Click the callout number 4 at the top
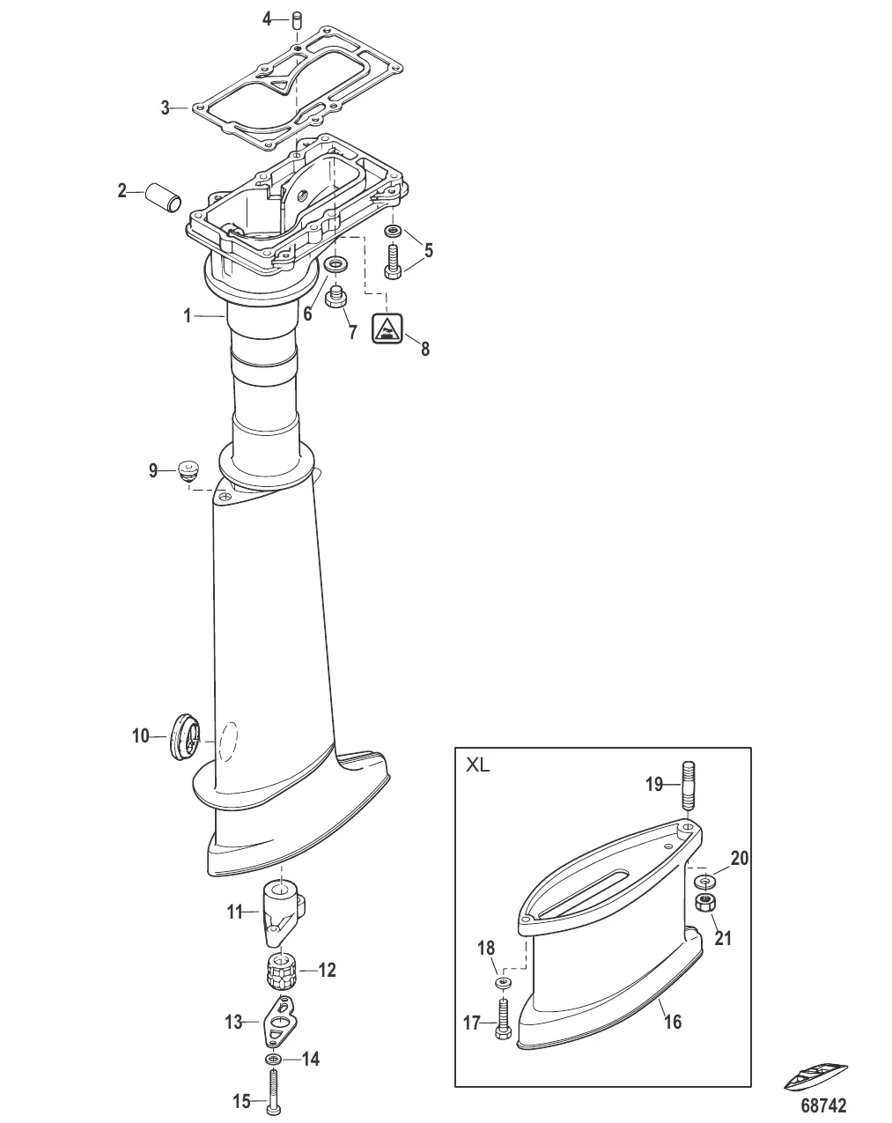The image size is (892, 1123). [x=268, y=18]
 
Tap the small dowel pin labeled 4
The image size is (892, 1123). [x=298, y=18]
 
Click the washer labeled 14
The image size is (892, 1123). [x=274, y=1058]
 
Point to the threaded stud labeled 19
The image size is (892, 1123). [x=689, y=786]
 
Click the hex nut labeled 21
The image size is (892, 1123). [x=704, y=902]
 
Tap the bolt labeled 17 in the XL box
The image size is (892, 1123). [x=503, y=1019]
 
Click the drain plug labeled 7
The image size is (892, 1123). [x=335, y=297]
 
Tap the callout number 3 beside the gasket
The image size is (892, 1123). [x=166, y=108]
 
